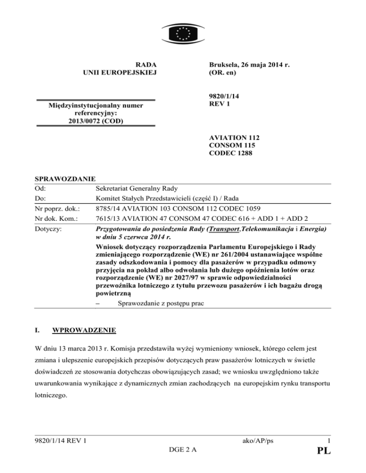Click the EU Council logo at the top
[x=183, y=33]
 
